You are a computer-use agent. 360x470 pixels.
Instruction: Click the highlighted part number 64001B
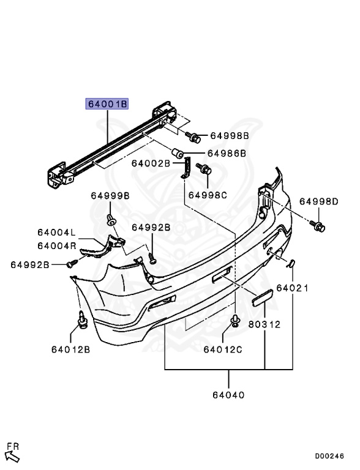[x=107, y=104]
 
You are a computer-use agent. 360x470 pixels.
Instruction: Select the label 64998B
[x=229, y=135]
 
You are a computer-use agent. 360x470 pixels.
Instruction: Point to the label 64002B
[x=151, y=163]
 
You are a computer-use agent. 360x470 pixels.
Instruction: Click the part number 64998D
[x=318, y=201]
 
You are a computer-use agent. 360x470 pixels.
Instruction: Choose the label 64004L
[x=56, y=233]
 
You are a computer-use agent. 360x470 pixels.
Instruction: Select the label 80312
[x=264, y=324]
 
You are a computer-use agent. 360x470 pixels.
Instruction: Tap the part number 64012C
[x=223, y=349]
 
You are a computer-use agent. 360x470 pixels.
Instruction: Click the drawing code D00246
[x=330, y=456]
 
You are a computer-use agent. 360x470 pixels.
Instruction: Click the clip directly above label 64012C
[x=234, y=320]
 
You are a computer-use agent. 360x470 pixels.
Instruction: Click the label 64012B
[x=70, y=349]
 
